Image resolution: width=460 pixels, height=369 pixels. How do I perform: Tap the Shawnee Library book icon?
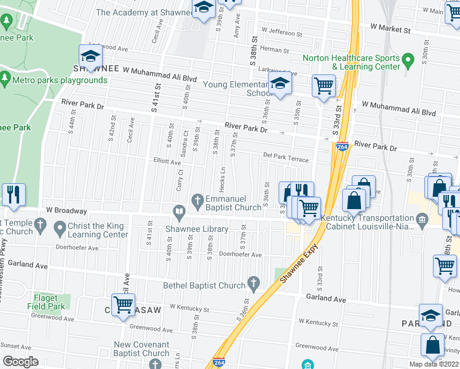point(179,213)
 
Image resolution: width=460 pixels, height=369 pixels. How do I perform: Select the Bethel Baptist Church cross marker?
point(253,284)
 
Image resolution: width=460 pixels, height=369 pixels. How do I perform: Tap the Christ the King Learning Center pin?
point(59,229)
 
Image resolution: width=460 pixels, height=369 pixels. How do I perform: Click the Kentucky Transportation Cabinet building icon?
point(422,219)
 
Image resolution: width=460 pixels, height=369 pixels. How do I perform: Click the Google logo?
point(20,362)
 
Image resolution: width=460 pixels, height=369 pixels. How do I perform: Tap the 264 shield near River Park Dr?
point(343,147)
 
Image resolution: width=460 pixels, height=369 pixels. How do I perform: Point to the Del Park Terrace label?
point(285,158)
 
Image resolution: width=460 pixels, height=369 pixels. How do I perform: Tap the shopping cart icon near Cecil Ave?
point(124,303)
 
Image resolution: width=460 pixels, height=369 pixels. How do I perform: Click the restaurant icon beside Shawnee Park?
point(12,194)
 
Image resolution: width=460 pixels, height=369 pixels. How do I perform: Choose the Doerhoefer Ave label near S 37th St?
point(240,254)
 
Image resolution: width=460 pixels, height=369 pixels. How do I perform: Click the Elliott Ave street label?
point(167,162)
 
